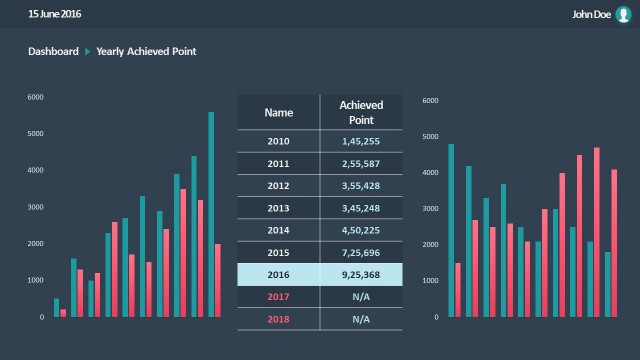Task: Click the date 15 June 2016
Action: pyautogui.click(x=55, y=14)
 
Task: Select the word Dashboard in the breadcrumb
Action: pyautogui.click(x=53, y=51)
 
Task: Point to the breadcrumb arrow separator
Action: pyautogui.click(x=87, y=51)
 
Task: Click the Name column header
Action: pyautogui.click(x=278, y=113)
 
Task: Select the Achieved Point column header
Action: pyautogui.click(x=361, y=112)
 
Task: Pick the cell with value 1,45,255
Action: pyautogui.click(x=361, y=141)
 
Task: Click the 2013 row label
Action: pyautogui.click(x=278, y=208)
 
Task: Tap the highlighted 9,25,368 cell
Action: pyautogui.click(x=361, y=275)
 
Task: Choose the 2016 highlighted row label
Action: pyautogui.click(x=278, y=275)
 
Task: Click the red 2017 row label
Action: pyautogui.click(x=278, y=297)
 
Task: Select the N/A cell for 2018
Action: pyautogui.click(x=361, y=320)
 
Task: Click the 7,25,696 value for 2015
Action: pyautogui.click(x=361, y=252)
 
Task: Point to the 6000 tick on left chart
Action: pyautogui.click(x=35, y=97)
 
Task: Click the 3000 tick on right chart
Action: pyautogui.click(x=430, y=209)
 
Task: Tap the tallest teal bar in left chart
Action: pyautogui.click(x=211, y=214)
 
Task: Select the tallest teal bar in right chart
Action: pyautogui.click(x=451, y=230)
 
